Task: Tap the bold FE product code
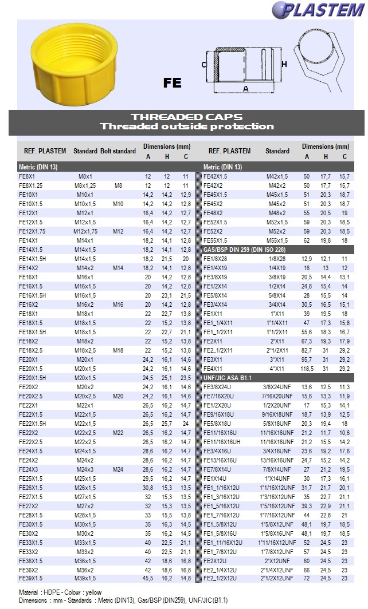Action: tap(172, 83)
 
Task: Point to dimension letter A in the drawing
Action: tap(246, 89)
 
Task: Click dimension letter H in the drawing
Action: tap(284, 64)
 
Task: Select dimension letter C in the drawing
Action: tap(204, 65)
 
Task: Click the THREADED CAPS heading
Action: tap(186, 117)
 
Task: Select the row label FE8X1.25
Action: tap(31, 185)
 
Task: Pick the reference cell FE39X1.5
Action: tap(32, 579)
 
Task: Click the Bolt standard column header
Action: tap(118, 151)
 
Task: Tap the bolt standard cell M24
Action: tap(118, 469)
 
